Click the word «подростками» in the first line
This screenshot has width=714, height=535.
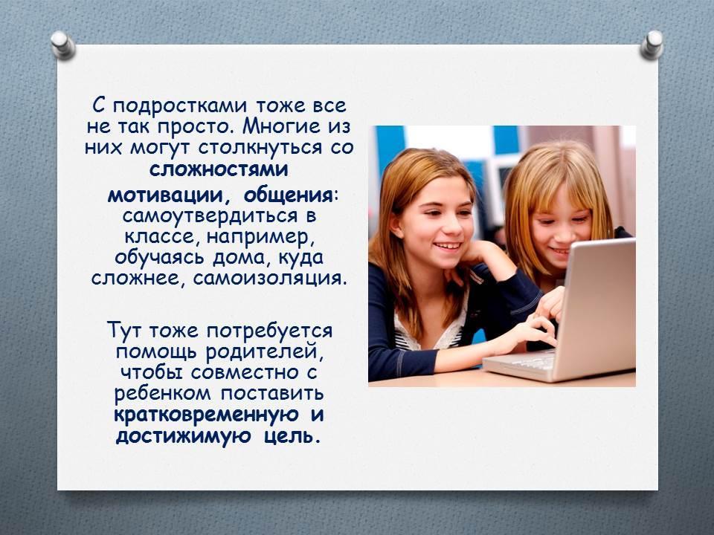pos(180,107)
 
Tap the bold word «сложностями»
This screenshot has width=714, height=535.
pos(219,169)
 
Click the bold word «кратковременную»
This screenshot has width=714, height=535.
pos(206,415)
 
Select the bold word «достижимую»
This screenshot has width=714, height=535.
pos(183,437)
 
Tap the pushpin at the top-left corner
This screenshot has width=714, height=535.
pos(62,45)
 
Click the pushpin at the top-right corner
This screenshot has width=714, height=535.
pos(652,45)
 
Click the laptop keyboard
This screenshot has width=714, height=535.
pos(528,360)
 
